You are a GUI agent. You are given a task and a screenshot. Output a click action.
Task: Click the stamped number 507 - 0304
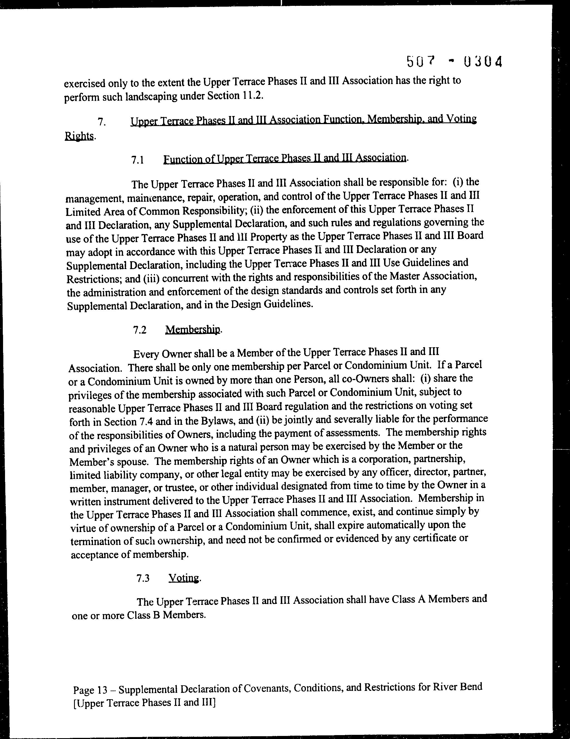pyautogui.click(x=454, y=62)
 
